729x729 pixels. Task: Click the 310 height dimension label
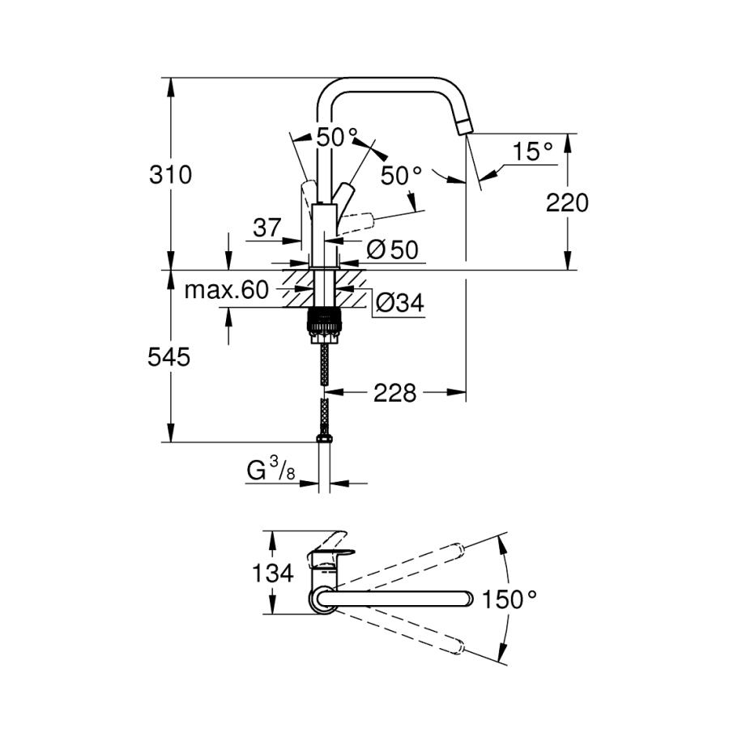click(171, 174)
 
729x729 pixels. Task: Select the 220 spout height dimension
click(567, 202)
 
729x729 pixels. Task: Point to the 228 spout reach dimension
click(394, 394)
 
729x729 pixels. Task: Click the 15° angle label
click(532, 151)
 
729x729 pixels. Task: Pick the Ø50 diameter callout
click(392, 250)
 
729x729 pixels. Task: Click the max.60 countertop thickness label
click(226, 291)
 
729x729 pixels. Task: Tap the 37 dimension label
click(266, 228)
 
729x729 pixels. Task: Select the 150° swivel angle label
click(509, 599)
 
